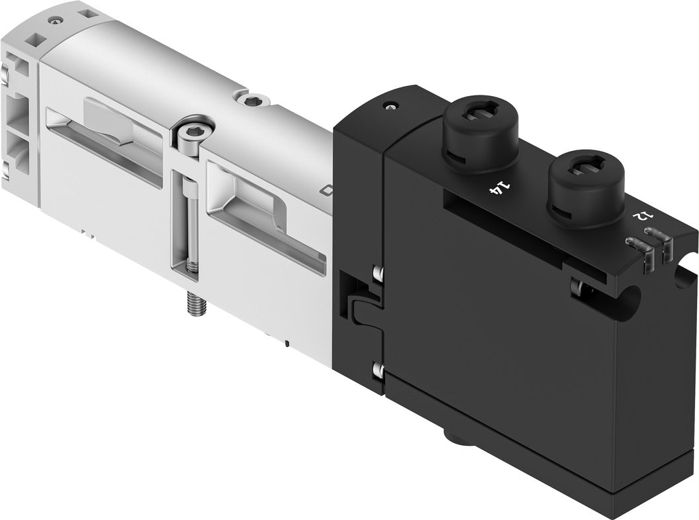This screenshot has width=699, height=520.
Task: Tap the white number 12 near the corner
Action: (x=640, y=216)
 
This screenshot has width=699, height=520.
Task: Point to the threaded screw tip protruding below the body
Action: (x=196, y=304)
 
